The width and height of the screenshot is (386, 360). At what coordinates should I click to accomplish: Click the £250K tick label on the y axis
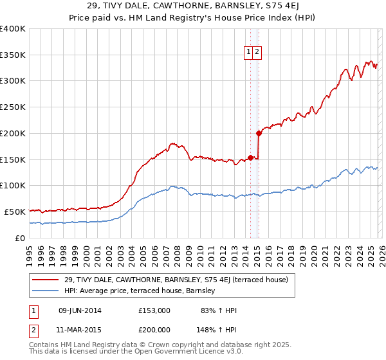coord(12,107)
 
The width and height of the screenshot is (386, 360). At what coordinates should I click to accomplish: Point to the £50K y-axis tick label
coord(14,212)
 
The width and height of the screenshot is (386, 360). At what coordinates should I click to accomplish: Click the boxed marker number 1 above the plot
coord(248,53)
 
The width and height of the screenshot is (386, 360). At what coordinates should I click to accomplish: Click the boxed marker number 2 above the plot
coord(257,53)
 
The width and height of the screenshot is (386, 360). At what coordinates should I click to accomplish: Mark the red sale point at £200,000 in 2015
coord(259,134)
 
